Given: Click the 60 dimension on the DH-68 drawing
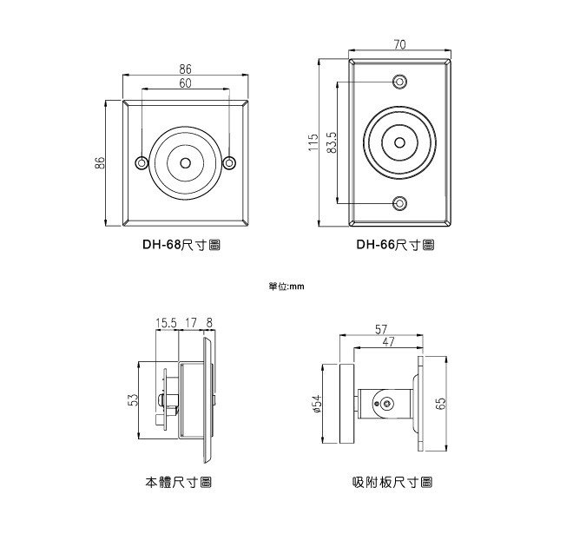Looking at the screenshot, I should coord(186,83).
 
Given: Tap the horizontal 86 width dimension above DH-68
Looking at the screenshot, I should coord(186,69).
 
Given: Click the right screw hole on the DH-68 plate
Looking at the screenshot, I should coord(229,163).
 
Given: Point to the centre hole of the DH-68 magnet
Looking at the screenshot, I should coord(186,163).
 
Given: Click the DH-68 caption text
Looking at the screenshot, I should coord(181,245).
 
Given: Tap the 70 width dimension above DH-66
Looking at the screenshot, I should coord(400,44).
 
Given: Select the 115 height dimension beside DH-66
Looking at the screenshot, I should coord(313,142).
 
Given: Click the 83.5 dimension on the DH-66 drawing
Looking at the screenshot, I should coord(332,142).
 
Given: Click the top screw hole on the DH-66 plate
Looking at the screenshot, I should coord(399,82).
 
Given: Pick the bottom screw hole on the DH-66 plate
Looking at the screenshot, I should coord(399,203).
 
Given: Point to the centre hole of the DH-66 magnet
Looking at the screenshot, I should coord(399,142).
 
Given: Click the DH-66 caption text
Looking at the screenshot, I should coord(395,245).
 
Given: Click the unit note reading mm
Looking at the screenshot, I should coord(286,285).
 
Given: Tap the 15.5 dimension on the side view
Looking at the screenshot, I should coord(166,324).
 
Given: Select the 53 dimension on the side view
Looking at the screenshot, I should coord(134,400).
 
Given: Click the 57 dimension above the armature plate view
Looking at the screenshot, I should coord(382,329).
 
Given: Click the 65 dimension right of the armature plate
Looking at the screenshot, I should coord(440,404).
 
